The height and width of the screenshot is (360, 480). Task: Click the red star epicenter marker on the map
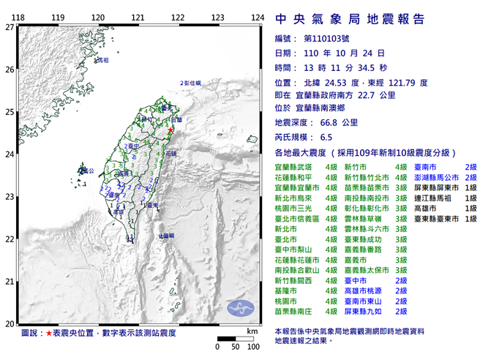pos(170,130)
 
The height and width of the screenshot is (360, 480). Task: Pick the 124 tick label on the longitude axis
pos(257,17)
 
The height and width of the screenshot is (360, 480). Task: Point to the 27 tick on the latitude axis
pos(9,27)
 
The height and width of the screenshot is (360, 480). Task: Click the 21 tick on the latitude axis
pos(9,282)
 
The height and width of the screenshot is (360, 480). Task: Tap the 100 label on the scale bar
pos(253,345)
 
